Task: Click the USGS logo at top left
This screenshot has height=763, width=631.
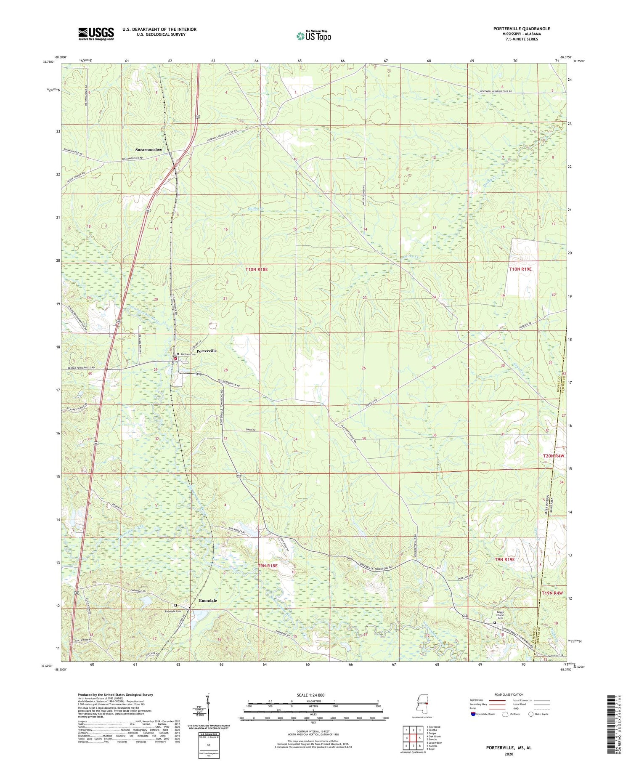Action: coord(96,34)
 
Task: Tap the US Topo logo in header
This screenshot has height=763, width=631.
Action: coord(313,36)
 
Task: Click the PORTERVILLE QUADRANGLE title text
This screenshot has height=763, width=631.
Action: coord(522,29)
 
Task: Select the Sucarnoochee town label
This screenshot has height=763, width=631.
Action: coord(148,149)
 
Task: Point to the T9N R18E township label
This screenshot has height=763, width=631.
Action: coord(268,566)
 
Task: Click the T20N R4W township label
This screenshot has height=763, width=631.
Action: coord(552,456)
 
